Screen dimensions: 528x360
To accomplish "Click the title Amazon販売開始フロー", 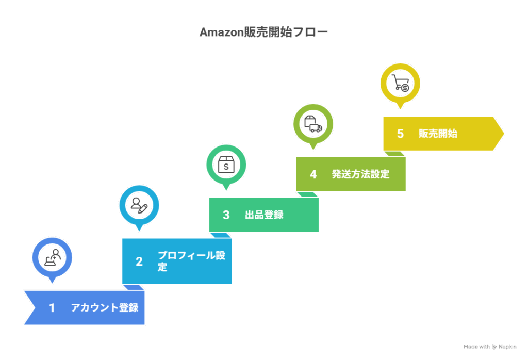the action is pyautogui.click(x=263, y=32).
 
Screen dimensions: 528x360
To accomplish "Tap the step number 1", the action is pyautogui.click(x=52, y=308).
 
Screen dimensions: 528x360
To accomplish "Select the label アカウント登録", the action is pyautogui.click(x=105, y=307).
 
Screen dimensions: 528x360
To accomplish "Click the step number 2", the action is pyautogui.click(x=139, y=261).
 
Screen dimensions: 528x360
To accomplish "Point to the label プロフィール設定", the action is pyautogui.click(x=192, y=261).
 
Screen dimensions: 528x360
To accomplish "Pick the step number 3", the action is pyautogui.click(x=226, y=215).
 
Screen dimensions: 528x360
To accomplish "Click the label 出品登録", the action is pyautogui.click(x=264, y=215).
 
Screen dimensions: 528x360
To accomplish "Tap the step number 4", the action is pyautogui.click(x=313, y=174).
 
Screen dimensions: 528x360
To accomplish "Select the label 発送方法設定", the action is pyautogui.click(x=360, y=174).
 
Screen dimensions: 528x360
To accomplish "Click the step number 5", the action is pyautogui.click(x=400, y=134).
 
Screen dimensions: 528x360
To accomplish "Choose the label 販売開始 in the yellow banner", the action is pyautogui.click(x=438, y=134).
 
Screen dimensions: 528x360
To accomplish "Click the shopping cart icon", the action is pyautogui.click(x=400, y=83).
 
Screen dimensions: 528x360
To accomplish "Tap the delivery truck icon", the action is pyautogui.click(x=313, y=124).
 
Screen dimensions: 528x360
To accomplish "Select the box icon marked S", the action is pyautogui.click(x=226, y=165).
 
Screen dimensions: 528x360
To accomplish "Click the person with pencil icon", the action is pyautogui.click(x=139, y=205).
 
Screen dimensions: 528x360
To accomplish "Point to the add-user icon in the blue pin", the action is pyautogui.click(x=52, y=258).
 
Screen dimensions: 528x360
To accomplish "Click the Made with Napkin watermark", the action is pyautogui.click(x=490, y=347).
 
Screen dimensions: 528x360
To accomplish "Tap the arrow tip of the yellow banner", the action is pyautogui.click(x=503, y=134).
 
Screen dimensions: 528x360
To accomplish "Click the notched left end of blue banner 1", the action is pyautogui.click(x=35, y=308).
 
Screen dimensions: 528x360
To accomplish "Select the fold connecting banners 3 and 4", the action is pyautogui.click(x=307, y=194).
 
